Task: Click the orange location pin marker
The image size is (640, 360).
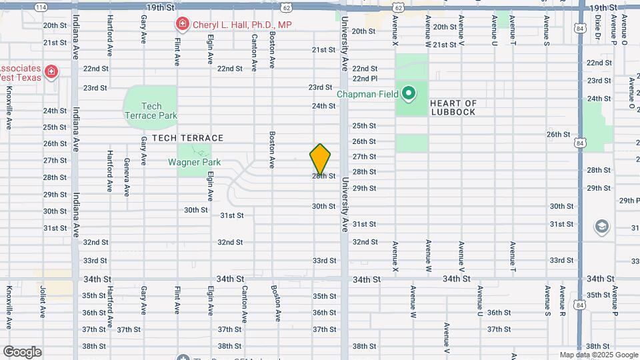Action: pos(320,159)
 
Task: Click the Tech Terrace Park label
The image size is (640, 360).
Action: pos(151,111)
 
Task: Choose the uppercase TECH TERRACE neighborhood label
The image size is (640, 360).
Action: pos(187,137)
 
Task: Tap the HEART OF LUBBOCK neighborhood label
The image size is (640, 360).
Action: pos(453,107)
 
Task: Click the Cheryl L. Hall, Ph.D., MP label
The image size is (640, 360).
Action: pos(242,25)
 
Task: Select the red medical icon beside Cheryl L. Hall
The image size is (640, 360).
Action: pos(182,25)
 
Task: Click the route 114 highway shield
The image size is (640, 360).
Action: pos(41,7)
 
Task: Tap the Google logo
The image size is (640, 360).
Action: pos(22,352)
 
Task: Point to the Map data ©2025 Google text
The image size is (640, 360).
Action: pos(598,355)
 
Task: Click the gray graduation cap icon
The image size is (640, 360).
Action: pos(602,227)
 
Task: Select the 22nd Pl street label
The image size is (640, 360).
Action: pos(365,79)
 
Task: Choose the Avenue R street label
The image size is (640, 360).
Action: pos(563,301)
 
